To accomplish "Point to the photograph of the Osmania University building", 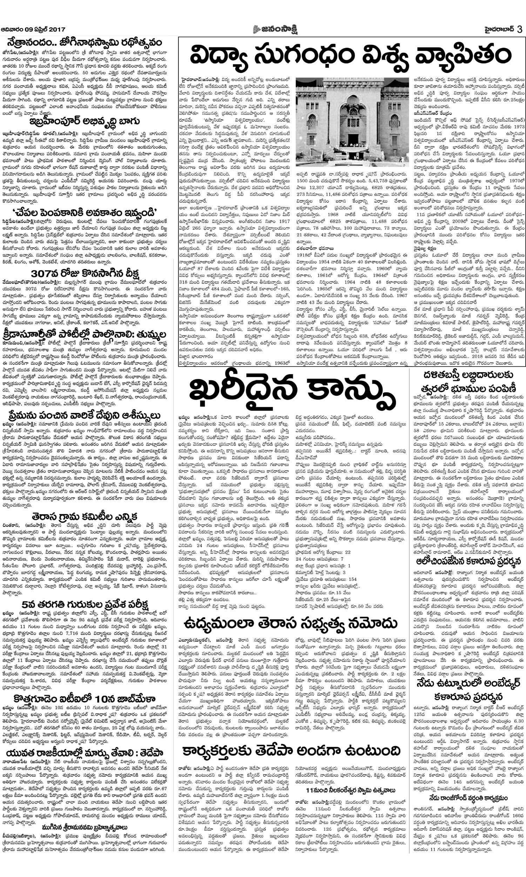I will pos(352,122).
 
